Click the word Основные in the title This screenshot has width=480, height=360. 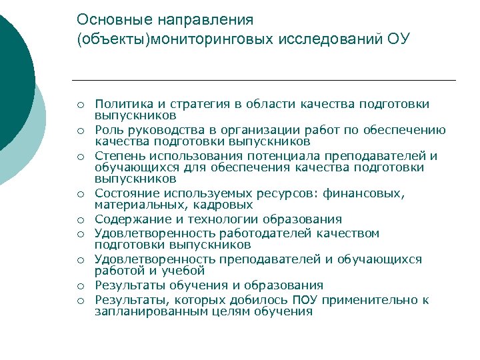pyautogui.click(x=105, y=20)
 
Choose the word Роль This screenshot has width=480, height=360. pyautogui.click(x=109, y=129)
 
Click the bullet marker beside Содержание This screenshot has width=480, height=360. pyautogui.click(x=79, y=220)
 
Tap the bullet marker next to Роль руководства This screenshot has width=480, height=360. pyautogui.click(x=79, y=130)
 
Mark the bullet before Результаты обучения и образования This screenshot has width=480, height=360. pyautogui.click(x=79, y=286)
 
